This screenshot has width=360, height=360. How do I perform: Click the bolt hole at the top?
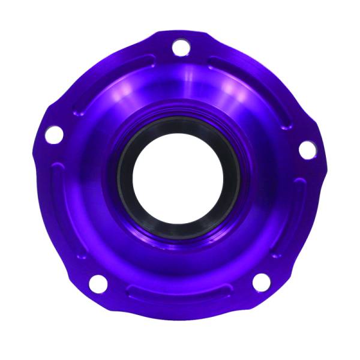[x=179, y=48]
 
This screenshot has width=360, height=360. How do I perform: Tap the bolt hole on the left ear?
[x=53, y=135]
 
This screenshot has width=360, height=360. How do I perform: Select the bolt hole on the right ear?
[x=307, y=150]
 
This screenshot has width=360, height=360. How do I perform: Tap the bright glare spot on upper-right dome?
[x=231, y=90]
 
